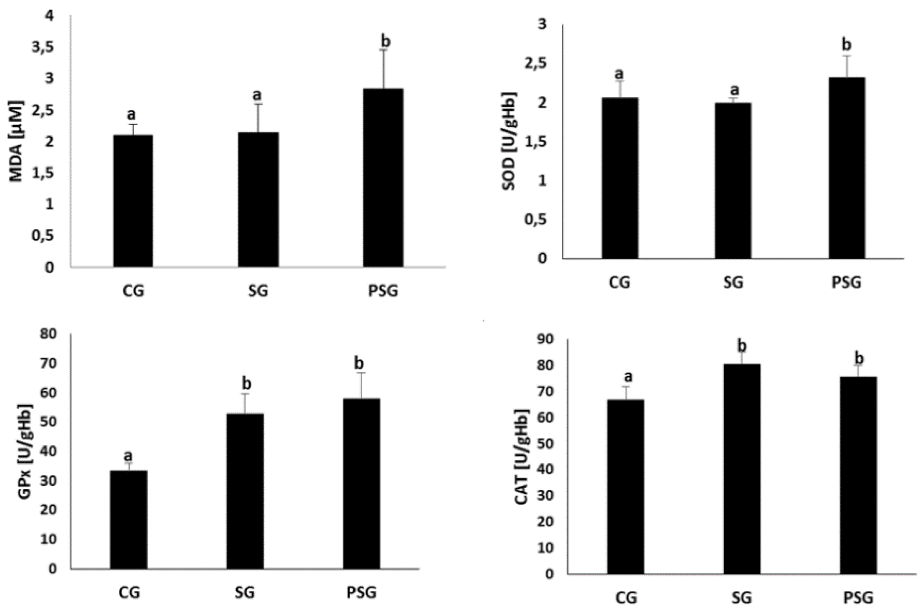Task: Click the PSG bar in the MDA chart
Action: pos(383,178)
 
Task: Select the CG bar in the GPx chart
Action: pos(128,519)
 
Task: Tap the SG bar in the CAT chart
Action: pos(741,469)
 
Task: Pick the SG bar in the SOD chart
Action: pos(733,181)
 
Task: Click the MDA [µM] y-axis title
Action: pos(17,141)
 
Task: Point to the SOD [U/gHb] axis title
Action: pos(510,141)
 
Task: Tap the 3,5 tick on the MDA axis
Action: pos(43,48)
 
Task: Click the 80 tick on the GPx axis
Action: pos(48,334)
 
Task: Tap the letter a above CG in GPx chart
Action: pos(128,456)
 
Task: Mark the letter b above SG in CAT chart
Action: pos(742,346)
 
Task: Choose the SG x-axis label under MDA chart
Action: pos(258,291)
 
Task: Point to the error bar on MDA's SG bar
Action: pos(259,118)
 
